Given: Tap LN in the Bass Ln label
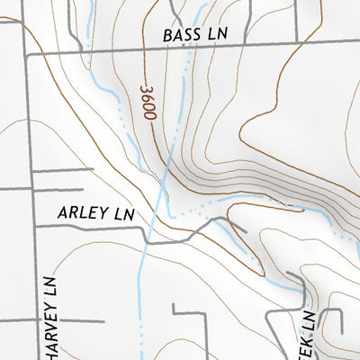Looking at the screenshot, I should (218, 34).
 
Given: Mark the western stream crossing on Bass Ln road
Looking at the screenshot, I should (84, 53).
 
